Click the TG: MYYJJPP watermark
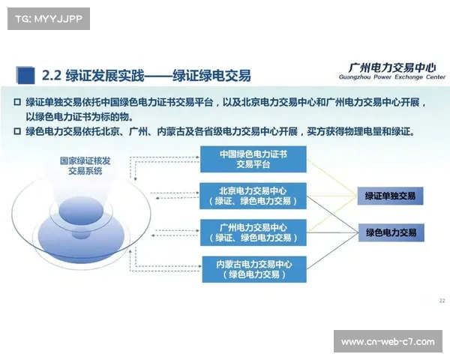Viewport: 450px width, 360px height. tap(47, 18)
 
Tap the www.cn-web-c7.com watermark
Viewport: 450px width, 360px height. tap(387, 342)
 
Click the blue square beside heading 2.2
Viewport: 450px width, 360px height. tap(27, 74)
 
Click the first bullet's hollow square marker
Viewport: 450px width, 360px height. tap(18, 102)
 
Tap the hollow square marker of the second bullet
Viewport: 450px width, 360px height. tap(18, 131)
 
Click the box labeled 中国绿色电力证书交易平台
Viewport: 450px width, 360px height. tap(253, 159)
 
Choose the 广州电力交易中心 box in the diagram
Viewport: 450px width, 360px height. tap(253, 232)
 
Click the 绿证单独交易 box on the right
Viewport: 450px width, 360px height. tap(390, 196)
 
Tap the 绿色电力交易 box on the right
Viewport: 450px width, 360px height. tap(390, 233)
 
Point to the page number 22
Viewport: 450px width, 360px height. tap(441, 301)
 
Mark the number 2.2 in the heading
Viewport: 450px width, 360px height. tap(51, 75)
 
